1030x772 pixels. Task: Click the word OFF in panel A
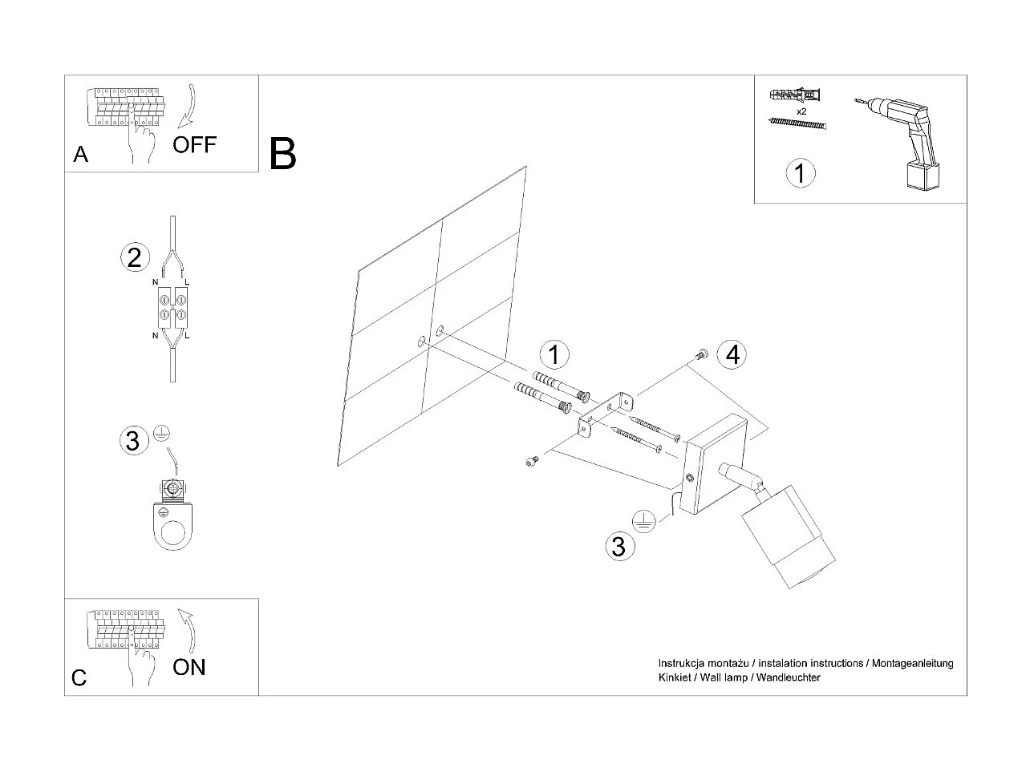(x=194, y=144)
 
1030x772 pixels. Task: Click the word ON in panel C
(x=189, y=667)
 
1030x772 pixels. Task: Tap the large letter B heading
(x=283, y=154)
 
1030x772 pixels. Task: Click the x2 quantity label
(x=801, y=111)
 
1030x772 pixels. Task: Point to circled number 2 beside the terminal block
(x=134, y=257)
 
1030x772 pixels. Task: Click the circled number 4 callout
(x=732, y=354)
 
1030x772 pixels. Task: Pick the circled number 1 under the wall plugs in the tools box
(x=800, y=173)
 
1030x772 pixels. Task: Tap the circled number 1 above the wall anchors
(x=554, y=354)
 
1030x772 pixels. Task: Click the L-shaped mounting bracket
(x=606, y=412)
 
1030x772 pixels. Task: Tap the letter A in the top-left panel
(x=80, y=154)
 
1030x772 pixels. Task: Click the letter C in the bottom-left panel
(x=79, y=678)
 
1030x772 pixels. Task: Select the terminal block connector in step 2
(x=172, y=307)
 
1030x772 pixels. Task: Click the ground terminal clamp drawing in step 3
(x=172, y=517)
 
